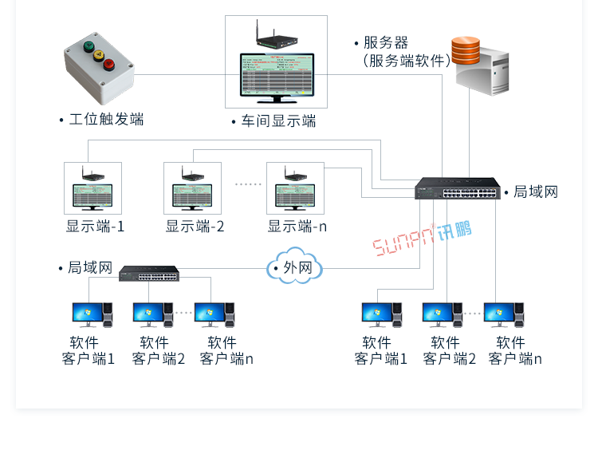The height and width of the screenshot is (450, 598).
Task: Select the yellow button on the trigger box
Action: tap(99, 56)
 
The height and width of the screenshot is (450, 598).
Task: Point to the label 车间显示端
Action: tap(278, 121)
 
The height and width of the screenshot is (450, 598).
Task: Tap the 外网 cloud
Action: tap(296, 267)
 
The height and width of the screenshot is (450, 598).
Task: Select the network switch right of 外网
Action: tap(457, 188)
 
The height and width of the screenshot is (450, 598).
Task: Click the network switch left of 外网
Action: tap(149, 274)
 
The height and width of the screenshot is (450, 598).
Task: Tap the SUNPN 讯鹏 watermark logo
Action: tap(423, 235)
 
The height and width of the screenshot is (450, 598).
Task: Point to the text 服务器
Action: tap(385, 42)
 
